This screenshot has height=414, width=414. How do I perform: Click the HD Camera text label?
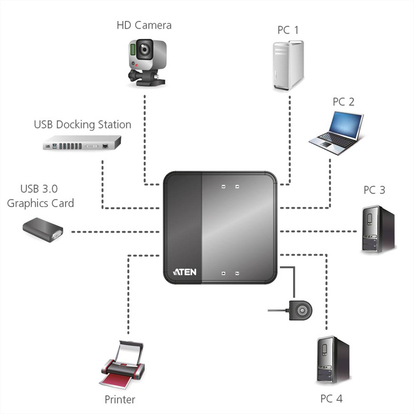(x=144, y=26)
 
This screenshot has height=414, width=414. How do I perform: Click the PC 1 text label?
(x=288, y=30)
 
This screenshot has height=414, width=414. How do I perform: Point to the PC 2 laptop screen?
(x=346, y=125)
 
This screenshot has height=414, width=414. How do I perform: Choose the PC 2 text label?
(x=343, y=102)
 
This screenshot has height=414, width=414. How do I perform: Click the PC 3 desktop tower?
(x=377, y=229)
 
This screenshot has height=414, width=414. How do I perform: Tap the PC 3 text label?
(x=374, y=190)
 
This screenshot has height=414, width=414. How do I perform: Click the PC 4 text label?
(x=331, y=399)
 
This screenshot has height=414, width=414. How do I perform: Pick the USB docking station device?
(x=82, y=143)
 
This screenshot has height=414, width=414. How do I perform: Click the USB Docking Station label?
(x=82, y=125)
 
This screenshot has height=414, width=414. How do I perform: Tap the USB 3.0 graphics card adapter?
(x=43, y=230)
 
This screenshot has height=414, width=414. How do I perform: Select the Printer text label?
(x=120, y=400)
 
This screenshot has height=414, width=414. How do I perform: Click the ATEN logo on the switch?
(x=185, y=272)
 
